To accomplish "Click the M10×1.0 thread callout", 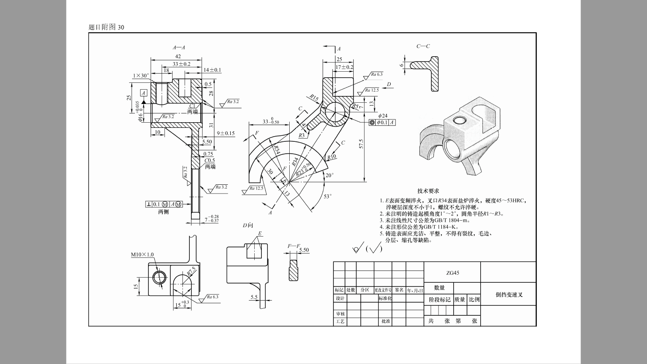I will pyautogui.click(x=142, y=255).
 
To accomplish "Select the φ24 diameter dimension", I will pyautogui.click(x=382, y=115).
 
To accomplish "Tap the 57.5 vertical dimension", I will pyautogui.click(x=361, y=144).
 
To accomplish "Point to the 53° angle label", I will pyautogui.click(x=327, y=196).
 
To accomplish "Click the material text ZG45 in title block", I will pyautogui.click(x=452, y=273).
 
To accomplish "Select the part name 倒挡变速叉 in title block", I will pyautogui.click(x=509, y=295).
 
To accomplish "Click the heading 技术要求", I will pyautogui.click(x=428, y=191).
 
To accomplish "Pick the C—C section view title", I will pyautogui.click(x=423, y=46).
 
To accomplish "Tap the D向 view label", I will pyautogui.click(x=248, y=225).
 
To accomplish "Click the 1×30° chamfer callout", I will pyautogui.click(x=141, y=76).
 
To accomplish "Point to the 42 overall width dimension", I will pyautogui.click(x=178, y=57).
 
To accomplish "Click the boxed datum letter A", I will pyautogui.click(x=144, y=93).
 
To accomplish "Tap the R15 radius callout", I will pyautogui.click(x=314, y=98).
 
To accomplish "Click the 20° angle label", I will pyautogui.click(x=329, y=175).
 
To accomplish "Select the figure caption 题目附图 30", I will pyautogui.click(x=106, y=27).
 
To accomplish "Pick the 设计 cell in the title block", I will pyautogui.click(x=340, y=298).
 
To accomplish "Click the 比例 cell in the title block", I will pyautogui.click(x=474, y=299).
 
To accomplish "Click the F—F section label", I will pyautogui.click(x=294, y=246).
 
